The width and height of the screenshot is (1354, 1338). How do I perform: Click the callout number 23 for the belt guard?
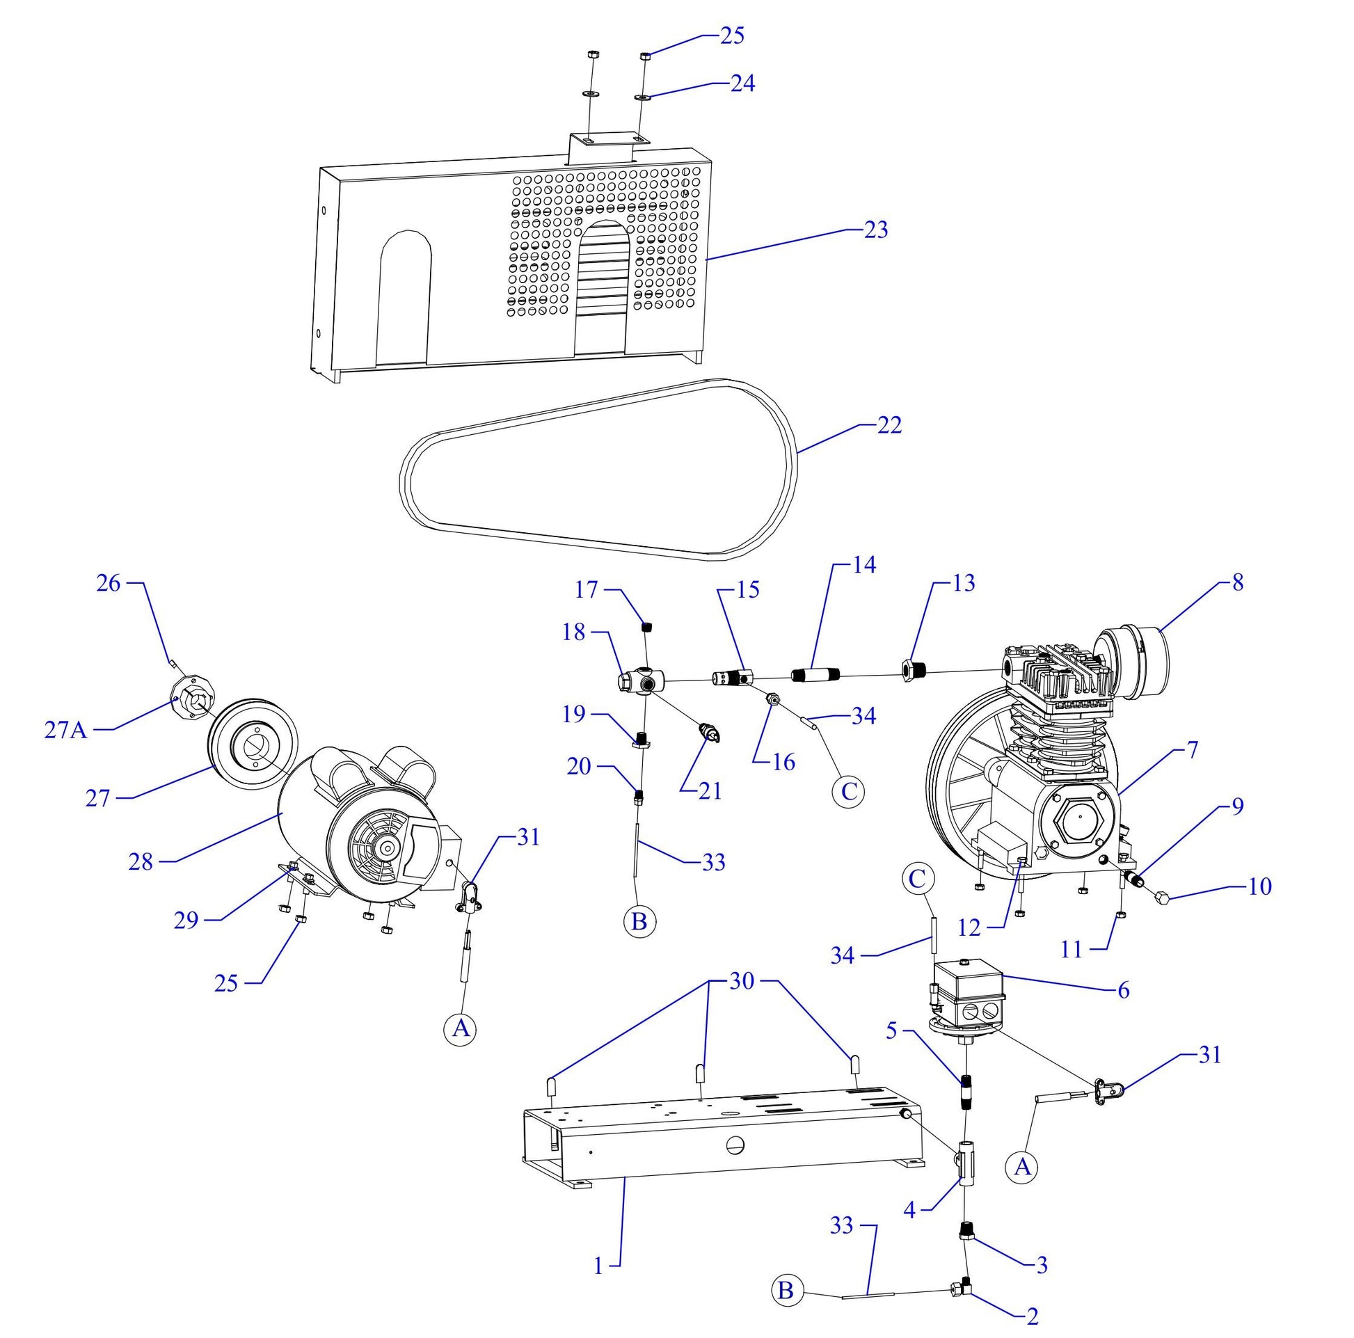tap(875, 230)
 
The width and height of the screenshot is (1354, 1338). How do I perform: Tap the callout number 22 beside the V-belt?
tap(889, 425)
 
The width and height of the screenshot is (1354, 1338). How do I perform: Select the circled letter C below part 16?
tap(848, 791)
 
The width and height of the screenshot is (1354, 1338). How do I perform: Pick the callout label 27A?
tap(65, 731)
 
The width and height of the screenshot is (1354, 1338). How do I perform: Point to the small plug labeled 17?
tap(648, 627)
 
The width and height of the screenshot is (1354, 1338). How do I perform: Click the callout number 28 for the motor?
tap(140, 861)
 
